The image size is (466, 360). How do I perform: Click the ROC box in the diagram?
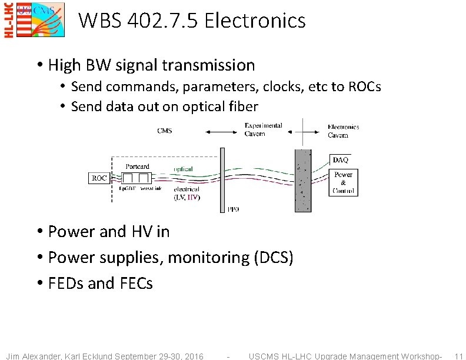pos(99,178)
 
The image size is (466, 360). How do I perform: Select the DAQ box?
pos(341,159)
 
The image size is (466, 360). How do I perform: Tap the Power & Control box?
pos(343,182)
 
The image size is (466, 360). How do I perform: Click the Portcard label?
pos(137,166)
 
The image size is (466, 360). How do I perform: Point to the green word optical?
pos(183,169)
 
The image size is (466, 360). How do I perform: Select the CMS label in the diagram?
pos(165,131)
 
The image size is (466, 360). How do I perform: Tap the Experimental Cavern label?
pos(263,129)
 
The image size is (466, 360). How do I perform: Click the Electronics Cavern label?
pos(343,131)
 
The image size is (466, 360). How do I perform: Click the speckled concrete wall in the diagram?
pos(302,180)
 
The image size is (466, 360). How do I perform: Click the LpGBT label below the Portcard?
pos(128,188)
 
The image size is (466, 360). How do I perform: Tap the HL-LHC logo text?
pos(9,20)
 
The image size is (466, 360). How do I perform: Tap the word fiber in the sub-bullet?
pos(243,106)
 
